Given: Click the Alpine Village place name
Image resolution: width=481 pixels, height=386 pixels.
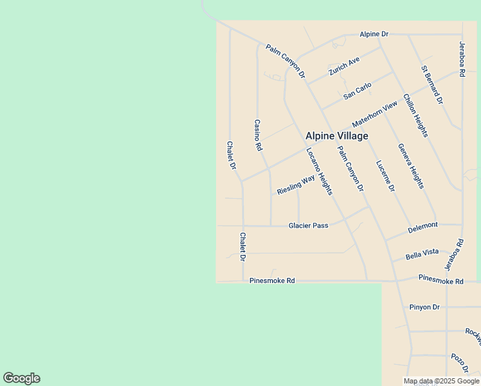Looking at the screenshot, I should coord(336,136).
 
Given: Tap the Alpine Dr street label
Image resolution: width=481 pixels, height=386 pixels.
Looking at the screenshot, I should coord(374,33).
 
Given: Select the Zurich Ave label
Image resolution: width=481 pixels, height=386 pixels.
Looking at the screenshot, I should coord(343,66).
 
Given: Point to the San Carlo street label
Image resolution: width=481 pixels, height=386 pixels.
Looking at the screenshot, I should coord(358,91).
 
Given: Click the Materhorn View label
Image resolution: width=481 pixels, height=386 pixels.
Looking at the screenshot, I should coord(375,115).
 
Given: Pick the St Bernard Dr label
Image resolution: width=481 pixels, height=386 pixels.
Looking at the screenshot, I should coord(432,84).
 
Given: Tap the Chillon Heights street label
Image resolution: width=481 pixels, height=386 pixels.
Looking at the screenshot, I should coord(415,115).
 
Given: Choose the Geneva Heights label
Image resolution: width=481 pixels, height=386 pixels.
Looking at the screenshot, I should coord(411,166).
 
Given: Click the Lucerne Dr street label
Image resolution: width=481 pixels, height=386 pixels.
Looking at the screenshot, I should coord(385,176).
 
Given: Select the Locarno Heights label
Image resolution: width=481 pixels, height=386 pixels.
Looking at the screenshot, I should coord(319,172).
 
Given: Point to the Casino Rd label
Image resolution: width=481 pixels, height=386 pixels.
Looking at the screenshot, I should coord(258,135).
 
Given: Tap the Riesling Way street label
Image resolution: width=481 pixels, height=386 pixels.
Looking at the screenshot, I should coord(296,185).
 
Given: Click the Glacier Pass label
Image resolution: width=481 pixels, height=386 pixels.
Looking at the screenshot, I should coord(309,225).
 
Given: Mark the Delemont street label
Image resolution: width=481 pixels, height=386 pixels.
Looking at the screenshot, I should coord(422,227).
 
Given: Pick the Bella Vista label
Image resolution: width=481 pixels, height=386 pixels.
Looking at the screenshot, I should coord(422,254).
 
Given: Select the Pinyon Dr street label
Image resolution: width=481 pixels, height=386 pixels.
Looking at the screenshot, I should coord(424,307).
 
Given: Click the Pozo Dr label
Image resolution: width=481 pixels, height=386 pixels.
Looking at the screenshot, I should coord(459,363).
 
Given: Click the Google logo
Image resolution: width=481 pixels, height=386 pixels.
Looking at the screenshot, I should coord(21,378).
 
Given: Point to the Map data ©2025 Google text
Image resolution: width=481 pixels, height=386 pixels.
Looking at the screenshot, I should coord(441,381).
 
